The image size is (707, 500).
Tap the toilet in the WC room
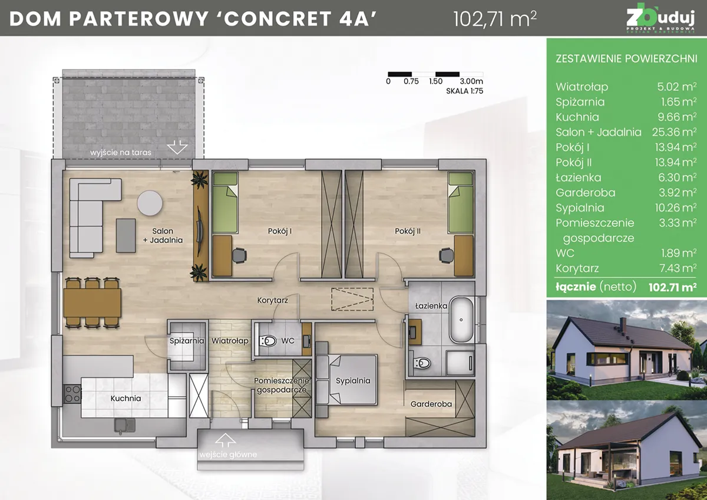point(268,340)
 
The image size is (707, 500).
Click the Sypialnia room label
point(353,380)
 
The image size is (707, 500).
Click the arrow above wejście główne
point(223,440)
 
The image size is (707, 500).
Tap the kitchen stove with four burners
point(72,393)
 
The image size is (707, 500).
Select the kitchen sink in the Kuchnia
point(124,423)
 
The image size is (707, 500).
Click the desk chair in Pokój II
point(446,255)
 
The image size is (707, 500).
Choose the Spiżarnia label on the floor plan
point(186,341)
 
